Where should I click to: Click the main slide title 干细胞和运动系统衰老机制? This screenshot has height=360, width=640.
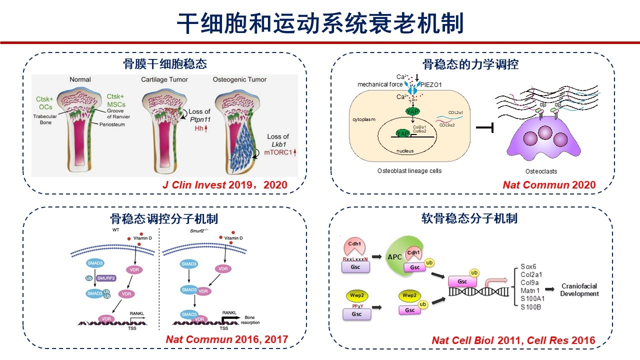[320, 23]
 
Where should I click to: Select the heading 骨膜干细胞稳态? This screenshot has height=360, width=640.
[165, 64]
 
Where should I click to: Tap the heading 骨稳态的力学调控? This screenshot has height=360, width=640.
[470, 64]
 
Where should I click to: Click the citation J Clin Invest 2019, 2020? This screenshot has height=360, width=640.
[225, 185]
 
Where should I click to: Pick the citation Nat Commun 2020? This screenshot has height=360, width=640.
[549, 185]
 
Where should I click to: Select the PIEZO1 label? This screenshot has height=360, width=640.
[430, 84]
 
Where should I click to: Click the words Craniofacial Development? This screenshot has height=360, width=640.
[579, 290]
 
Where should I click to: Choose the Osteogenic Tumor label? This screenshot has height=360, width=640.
[239, 79]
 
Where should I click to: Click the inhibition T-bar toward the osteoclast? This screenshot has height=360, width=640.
[484, 129]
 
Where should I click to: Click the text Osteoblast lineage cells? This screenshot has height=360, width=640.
[409, 171]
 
